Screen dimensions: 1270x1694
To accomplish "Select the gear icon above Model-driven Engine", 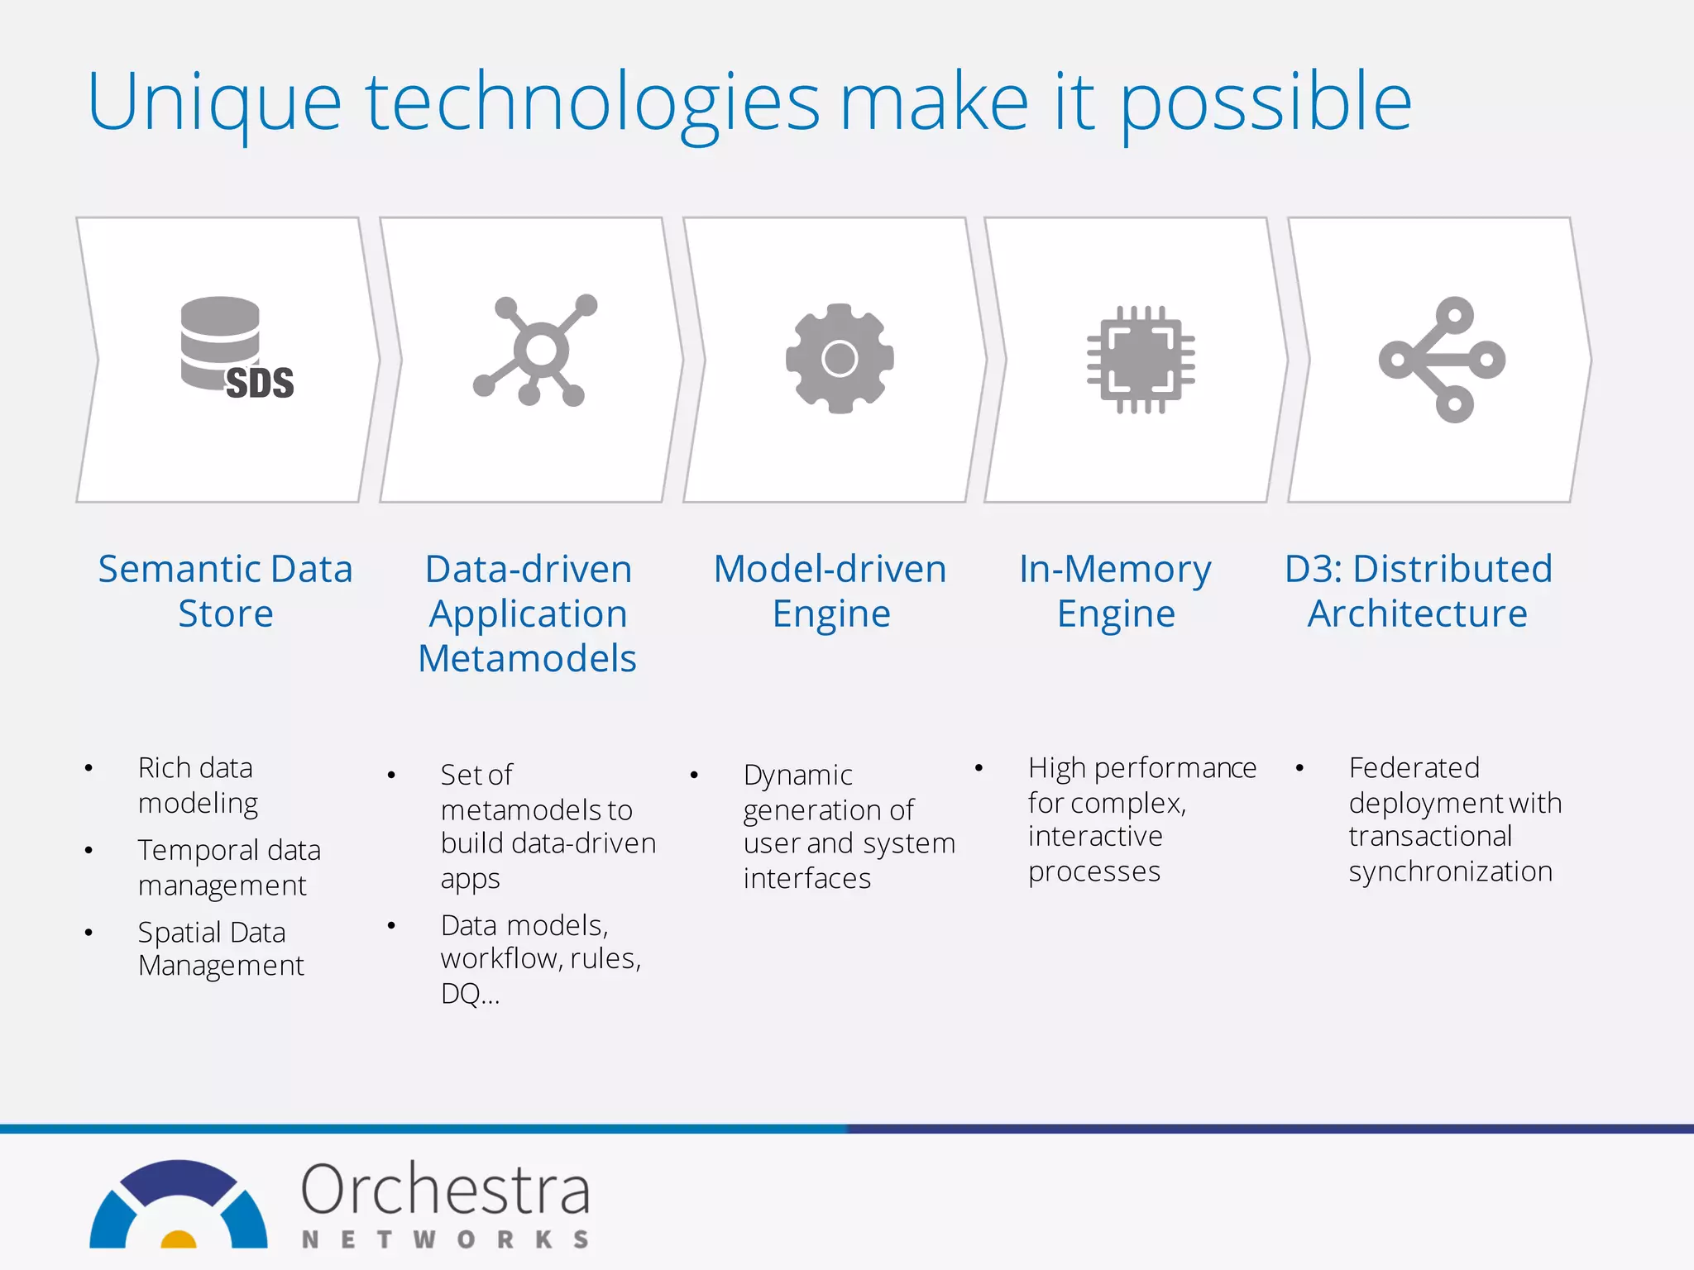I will (x=840, y=359).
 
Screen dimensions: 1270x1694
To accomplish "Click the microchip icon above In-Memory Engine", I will (x=1141, y=360).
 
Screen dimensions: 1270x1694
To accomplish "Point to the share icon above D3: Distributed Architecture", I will (x=1442, y=360).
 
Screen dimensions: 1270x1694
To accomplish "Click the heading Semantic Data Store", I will (x=225, y=590).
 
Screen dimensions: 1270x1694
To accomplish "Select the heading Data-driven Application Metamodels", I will (x=528, y=613).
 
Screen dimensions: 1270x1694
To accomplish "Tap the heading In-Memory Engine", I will (x=1115, y=590).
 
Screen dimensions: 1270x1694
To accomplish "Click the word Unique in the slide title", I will (x=213, y=103).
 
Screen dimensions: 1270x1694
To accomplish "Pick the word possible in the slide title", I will (x=1266, y=103).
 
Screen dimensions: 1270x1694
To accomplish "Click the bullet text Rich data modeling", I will (x=198, y=785).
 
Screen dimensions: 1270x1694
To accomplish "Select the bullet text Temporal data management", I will (x=228, y=867).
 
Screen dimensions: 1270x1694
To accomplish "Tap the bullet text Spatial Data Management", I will (x=220, y=948).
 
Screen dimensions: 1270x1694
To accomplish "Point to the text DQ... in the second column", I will (x=470, y=993).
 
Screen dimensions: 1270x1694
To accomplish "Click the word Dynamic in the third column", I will (x=797, y=775).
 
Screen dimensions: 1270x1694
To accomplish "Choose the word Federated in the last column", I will (x=1414, y=767).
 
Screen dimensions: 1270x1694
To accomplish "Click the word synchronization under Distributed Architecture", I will (x=1450, y=871).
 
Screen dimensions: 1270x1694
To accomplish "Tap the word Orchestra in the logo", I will (x=445, y=1190).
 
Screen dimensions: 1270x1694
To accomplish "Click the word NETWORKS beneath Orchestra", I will (x=445, y=1239).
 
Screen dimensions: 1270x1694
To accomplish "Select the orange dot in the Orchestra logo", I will (x=178, y=1239).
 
